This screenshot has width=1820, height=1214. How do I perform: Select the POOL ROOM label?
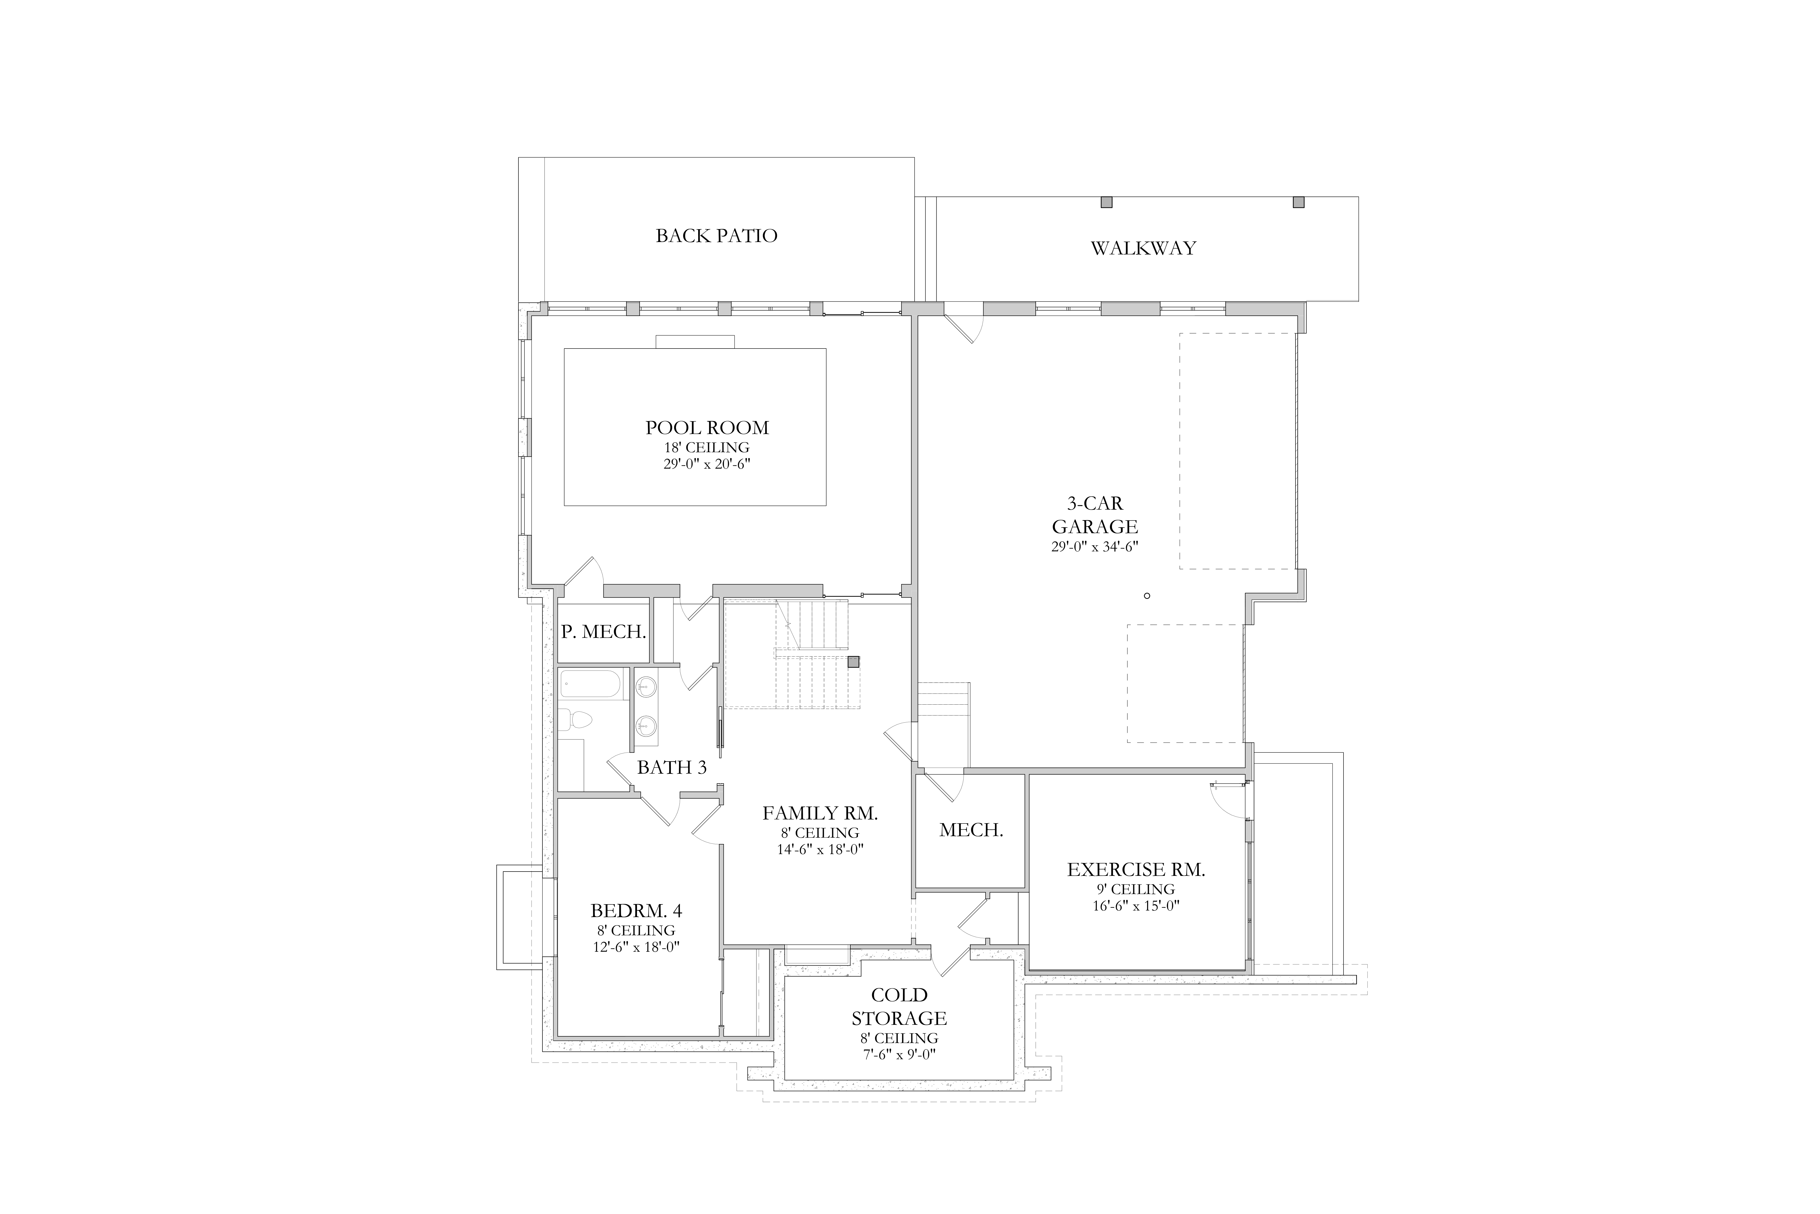(x=707, y=427)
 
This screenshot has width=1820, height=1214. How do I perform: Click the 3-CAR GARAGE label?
(x=1095, y=515)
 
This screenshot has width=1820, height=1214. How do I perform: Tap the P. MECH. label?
(x=604, y=632)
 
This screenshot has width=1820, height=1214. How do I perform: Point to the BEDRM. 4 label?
(x=636, y=910)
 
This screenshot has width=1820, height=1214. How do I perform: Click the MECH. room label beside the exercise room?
(x=971, y=830)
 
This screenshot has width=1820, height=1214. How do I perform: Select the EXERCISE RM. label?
(x=1136, y=870)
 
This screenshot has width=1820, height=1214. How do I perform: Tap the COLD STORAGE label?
(x=899, y=1007)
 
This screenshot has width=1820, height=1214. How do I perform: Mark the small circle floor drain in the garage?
(x=1147, y=595)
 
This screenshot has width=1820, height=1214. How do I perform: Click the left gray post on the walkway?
(x=1107, y=202)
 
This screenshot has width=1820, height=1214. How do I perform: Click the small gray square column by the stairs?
(x=854, y=662)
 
